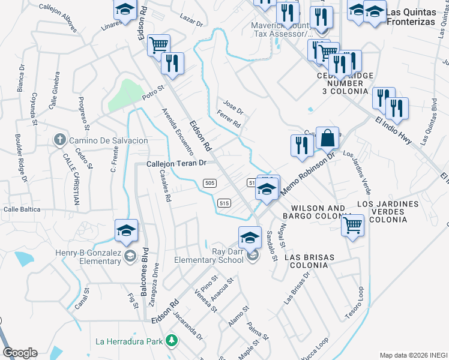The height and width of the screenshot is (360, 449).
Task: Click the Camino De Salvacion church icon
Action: click(59, 140)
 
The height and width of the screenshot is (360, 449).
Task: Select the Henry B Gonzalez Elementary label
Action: click(79, 257)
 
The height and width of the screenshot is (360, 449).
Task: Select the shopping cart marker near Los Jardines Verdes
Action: click(352, 226)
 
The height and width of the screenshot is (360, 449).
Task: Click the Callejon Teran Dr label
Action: click(176, 163)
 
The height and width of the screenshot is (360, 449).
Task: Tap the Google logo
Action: click(20, 353)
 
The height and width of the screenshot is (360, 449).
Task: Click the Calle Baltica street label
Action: click(22, 209)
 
